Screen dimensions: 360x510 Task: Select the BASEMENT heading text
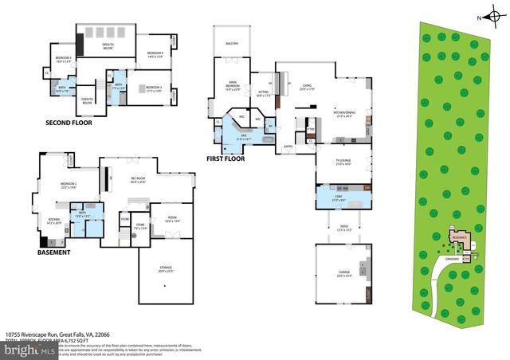53,252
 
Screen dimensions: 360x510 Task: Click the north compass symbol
492,16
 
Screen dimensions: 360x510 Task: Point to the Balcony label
232,43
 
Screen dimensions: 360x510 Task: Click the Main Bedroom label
233,86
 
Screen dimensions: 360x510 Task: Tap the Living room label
308,86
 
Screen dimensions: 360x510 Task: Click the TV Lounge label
343,162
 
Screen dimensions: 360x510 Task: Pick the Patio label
343,229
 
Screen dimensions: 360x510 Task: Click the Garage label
343,274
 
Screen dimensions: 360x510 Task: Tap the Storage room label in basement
165,268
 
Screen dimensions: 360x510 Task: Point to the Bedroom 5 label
64,59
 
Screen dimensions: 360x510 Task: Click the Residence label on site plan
457,237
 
